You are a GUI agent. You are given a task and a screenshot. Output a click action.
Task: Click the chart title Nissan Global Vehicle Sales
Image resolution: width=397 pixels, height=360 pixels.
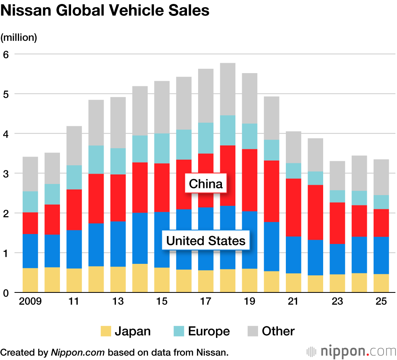[105, 11]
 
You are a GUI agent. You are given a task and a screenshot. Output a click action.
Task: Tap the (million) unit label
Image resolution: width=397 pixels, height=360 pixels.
[19, 37]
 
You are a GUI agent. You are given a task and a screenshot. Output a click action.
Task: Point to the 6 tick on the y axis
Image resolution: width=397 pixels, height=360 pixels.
[6, 54]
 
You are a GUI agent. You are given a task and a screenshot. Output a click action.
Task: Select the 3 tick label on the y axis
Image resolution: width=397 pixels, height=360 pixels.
[6, 174]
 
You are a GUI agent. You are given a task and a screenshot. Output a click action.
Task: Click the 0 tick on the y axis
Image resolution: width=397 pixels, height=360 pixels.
[6, 293]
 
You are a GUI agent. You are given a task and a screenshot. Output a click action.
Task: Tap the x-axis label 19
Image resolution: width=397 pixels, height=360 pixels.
[250, 302]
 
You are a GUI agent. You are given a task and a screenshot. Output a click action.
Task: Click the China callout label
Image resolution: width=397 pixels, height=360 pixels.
[206, 184]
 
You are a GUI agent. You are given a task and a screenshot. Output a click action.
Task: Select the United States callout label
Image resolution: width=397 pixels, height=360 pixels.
[206, 241]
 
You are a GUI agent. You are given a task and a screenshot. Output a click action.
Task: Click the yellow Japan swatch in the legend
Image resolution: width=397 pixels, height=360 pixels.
[105, 331]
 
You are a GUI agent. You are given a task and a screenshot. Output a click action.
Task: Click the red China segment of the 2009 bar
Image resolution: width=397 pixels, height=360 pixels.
[30, 223]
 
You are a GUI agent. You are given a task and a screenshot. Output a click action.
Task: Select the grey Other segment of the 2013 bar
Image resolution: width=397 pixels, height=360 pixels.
[118, 122]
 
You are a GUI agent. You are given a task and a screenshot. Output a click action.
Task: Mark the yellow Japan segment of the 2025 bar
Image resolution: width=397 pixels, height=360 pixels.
[381, 283]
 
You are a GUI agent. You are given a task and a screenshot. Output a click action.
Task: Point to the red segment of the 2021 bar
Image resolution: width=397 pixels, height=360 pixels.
[293, 207]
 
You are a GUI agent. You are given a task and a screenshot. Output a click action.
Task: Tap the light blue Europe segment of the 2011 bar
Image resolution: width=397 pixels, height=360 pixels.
[74, 177]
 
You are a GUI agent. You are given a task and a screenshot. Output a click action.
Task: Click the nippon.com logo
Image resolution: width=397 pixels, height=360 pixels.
[351, 352]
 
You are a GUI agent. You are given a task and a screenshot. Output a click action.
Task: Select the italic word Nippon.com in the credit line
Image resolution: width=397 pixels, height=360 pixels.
[78, 352]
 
